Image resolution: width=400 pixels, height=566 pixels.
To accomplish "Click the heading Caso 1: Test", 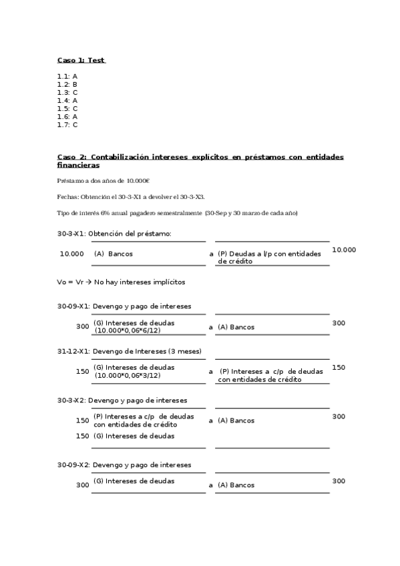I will point(81,61).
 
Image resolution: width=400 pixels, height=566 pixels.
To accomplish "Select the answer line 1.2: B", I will point(67,85).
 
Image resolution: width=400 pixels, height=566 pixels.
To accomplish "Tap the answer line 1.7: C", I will point(67,125).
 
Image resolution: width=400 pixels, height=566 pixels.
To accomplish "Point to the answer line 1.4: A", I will point(67,101).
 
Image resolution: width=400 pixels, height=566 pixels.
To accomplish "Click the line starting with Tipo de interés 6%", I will point(178,213).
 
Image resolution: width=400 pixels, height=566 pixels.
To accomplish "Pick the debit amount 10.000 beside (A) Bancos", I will point(71,254).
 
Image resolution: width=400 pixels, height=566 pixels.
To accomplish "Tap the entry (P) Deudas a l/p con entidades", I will point(269,254).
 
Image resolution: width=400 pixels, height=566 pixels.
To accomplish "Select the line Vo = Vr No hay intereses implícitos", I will point(122,282).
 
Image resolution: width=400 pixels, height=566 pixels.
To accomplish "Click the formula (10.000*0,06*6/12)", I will point(128,331).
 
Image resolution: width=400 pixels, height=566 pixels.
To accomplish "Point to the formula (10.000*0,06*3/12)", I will point(128,375).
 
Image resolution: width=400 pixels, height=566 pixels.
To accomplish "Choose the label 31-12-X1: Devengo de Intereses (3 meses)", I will point(130,351).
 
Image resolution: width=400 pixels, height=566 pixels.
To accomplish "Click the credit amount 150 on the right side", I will point(339,368).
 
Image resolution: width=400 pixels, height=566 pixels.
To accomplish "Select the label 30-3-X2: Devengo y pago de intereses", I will point(122,400).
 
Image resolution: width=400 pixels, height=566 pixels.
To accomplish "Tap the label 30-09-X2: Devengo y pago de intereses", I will point(124,465).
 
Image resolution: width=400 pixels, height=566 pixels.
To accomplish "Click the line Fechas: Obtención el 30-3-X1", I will point(132,197).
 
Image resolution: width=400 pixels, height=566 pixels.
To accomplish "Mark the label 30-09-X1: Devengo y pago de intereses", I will point(124,306).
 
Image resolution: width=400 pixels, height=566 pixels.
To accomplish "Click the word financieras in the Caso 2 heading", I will point(78,165).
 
